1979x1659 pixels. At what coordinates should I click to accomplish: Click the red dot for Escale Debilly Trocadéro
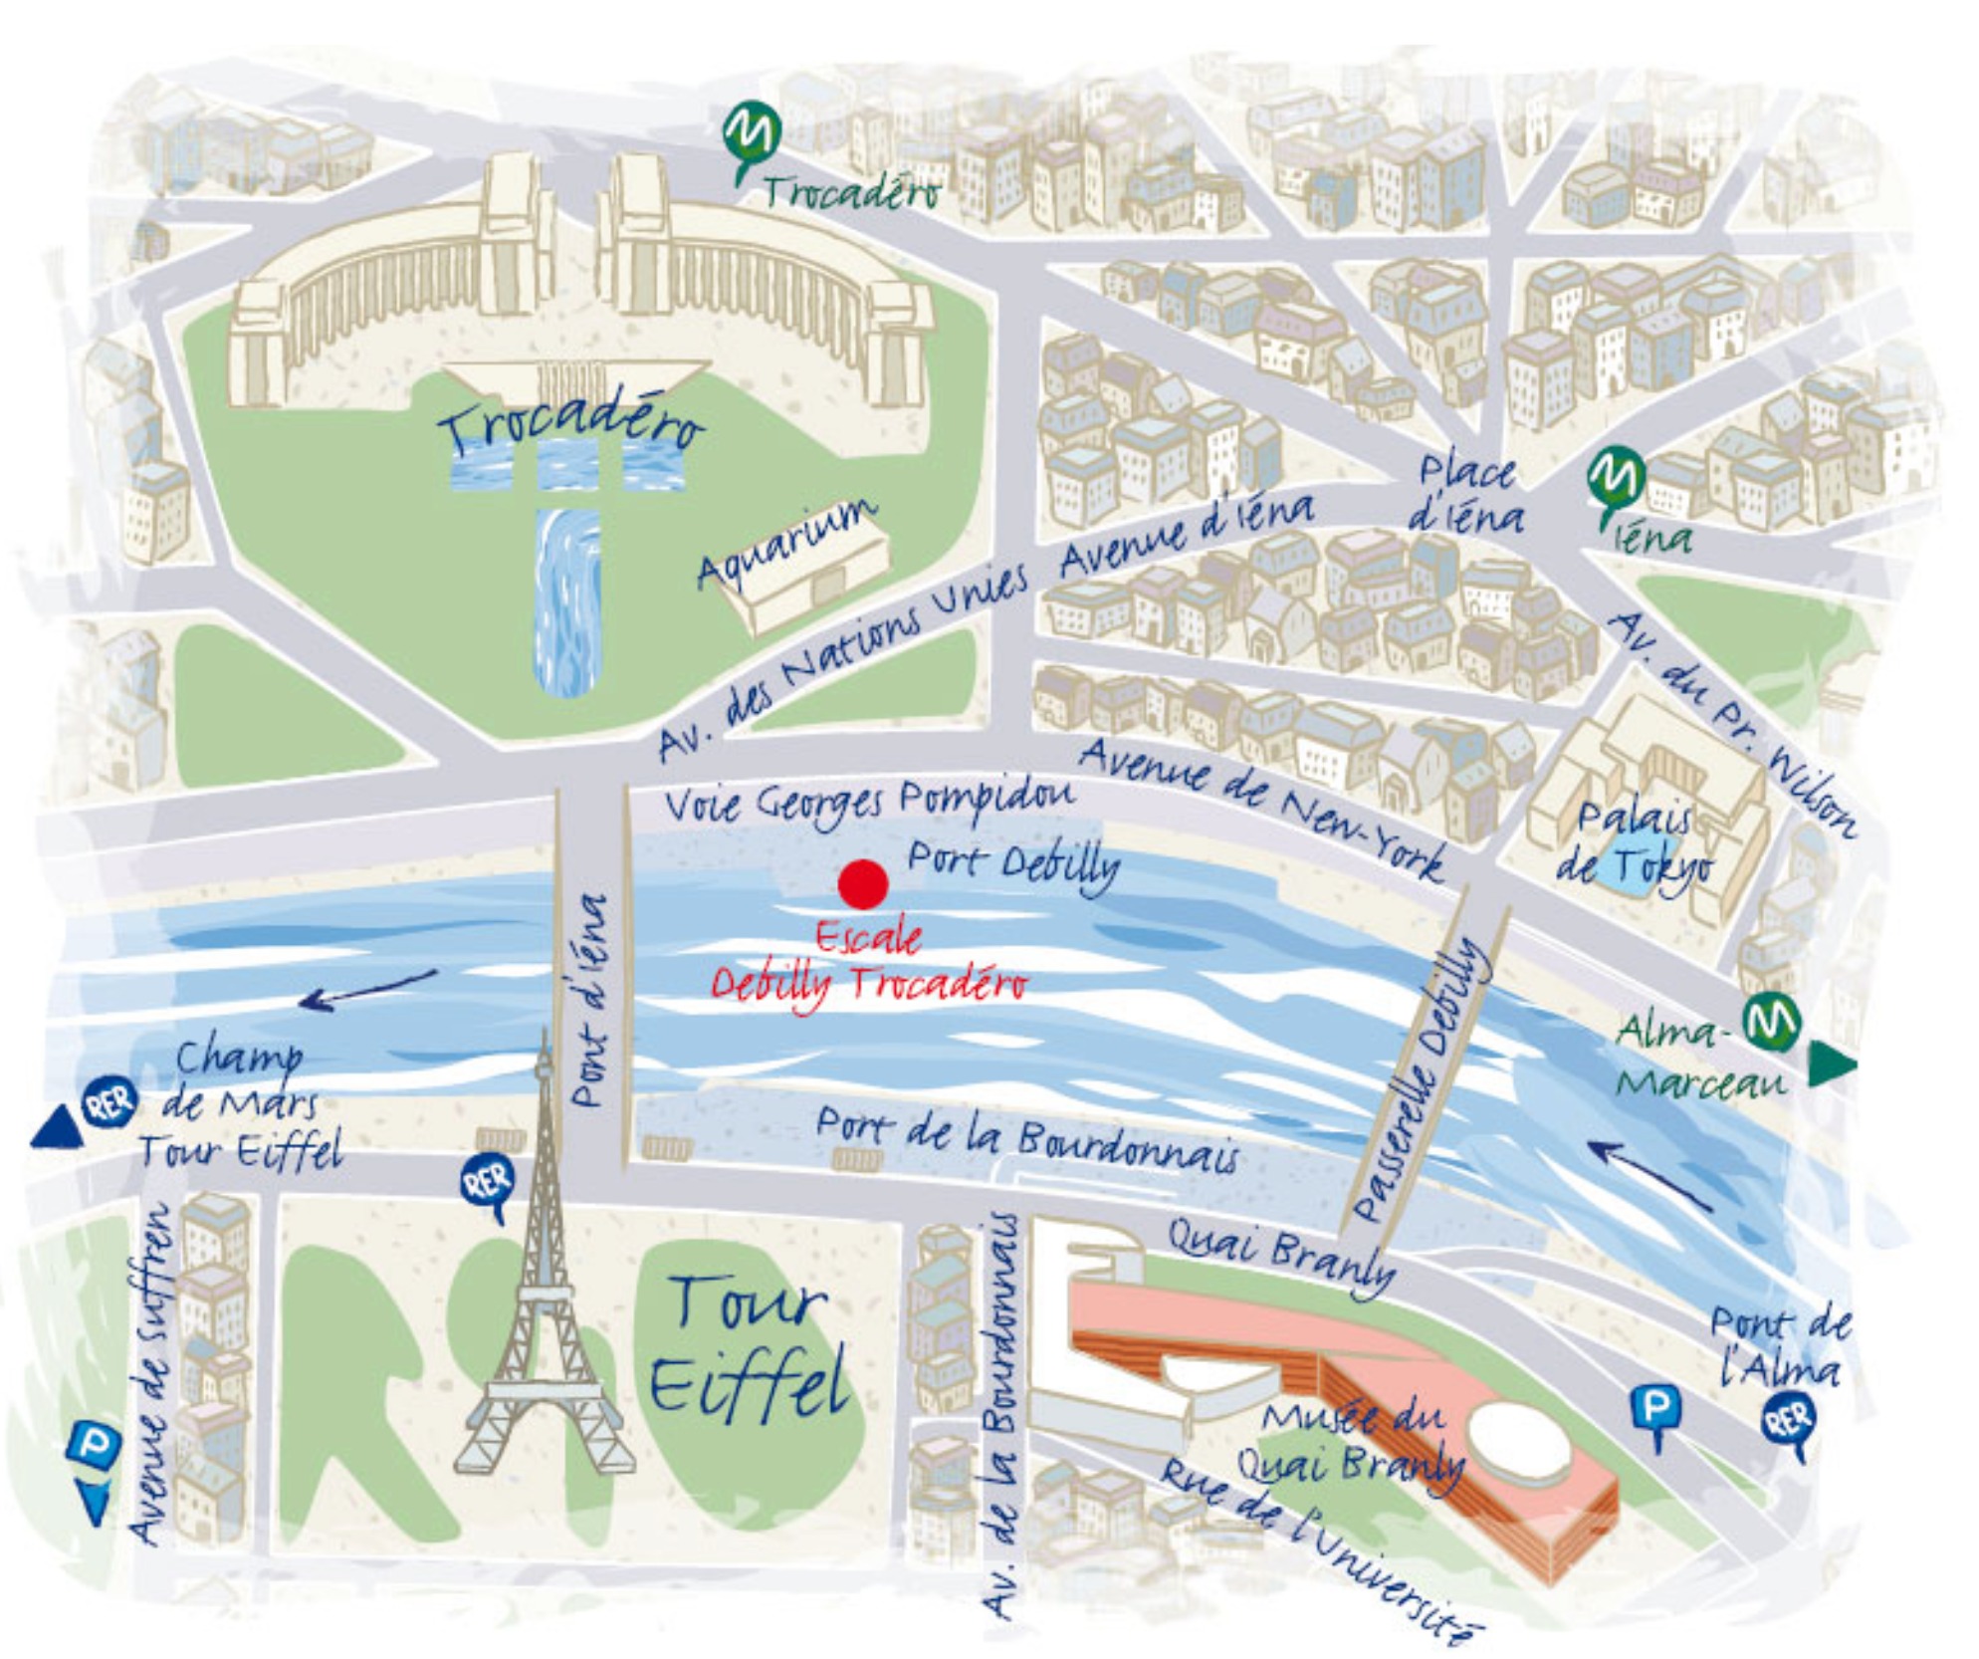tap(862, 883)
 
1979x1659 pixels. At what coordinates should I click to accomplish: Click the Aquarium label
tap(787, 544)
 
